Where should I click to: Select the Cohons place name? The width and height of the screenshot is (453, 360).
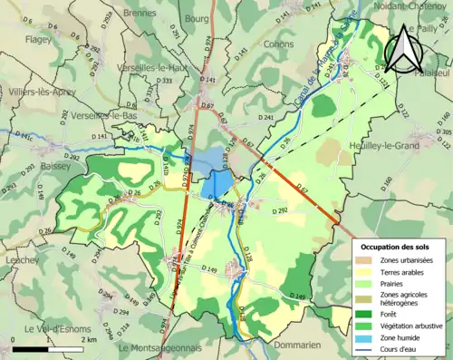[x=278, y=43]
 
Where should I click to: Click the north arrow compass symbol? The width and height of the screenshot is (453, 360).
[x=403, y=49]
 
